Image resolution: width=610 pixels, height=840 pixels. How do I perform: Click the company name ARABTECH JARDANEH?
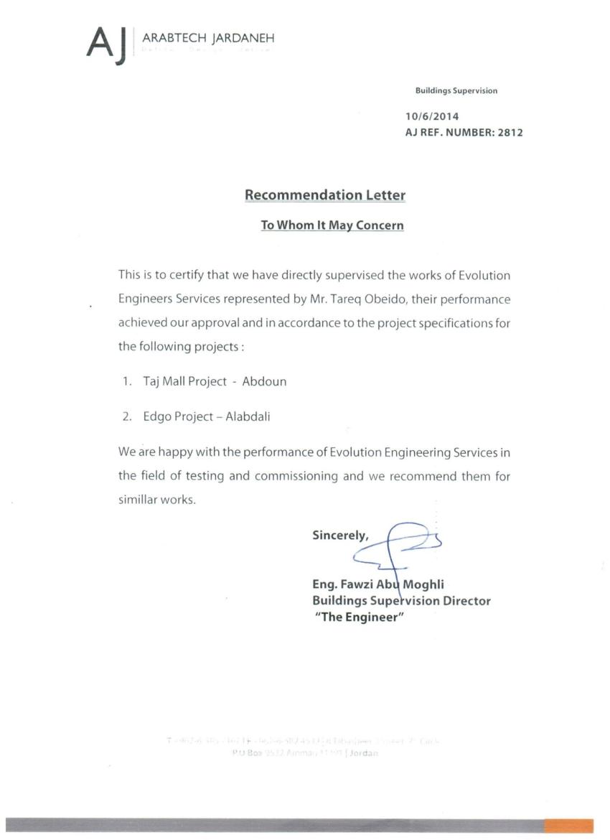pyautogui.click(x=208, y=38)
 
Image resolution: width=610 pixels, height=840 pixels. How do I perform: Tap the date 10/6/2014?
pyautogui.click(x=432, y=116)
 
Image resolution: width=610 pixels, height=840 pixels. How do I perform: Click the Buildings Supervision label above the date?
pyautogui.click(x=456, y=90)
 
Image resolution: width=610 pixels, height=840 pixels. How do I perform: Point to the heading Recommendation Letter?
pyautogui.click(x=325, y=195)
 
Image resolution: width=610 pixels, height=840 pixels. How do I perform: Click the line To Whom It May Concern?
pyautogui.click(x=332, y=225)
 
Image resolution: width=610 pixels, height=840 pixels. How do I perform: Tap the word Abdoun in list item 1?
pyautogui.click(x=264, y=381)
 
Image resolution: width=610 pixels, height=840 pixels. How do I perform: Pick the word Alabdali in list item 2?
pyautogui.click(x=248, y=416)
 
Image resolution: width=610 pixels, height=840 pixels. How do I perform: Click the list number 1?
pyautogui.click(x=126, y=381)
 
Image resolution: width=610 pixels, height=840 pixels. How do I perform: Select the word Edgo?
pyautogui.click(x=147, y=416)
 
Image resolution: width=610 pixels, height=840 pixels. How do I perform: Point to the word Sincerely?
pyautogui.click(x=340, y=535)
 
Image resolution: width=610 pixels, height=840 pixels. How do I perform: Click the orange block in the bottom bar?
pyautogui.click(x=568, y=826)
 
